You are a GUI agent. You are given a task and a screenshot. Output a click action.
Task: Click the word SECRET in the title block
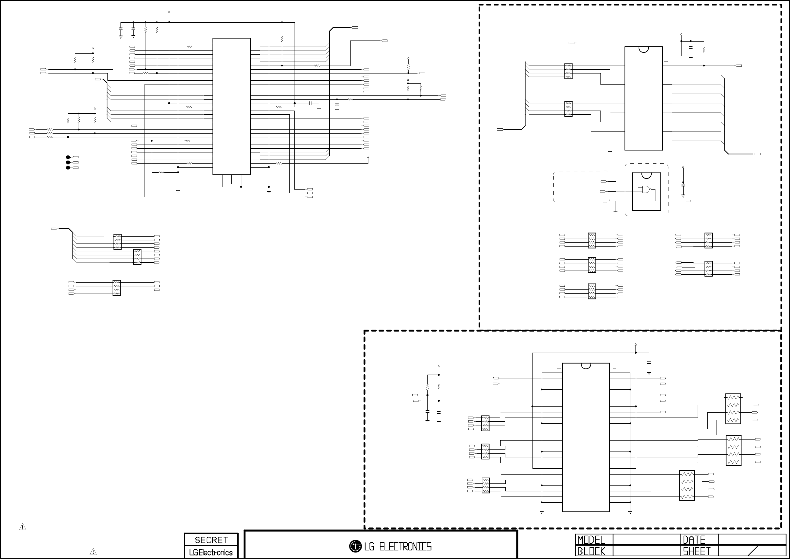(211, 540)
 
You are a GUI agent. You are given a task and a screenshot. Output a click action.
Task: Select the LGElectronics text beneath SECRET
(211, 552)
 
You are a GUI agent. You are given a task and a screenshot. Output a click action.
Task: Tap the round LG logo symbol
(355, 546)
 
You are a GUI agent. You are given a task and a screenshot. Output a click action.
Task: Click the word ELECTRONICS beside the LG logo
(405, 547)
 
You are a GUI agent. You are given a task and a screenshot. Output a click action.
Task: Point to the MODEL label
(591, 540)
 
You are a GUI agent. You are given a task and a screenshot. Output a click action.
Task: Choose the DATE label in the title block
(694, 540)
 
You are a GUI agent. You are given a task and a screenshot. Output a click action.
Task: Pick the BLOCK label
(591, 551)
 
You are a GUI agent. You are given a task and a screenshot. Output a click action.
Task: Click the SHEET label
(697, 551)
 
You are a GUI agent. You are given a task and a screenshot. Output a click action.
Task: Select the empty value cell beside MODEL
(646, 540)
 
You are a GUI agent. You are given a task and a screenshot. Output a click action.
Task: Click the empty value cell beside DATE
(752, 540)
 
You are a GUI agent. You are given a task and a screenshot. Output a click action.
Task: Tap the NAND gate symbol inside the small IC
(646, 189)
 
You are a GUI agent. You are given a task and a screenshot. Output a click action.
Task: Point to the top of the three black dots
(68, 157)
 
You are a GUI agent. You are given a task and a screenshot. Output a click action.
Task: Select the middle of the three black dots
(68, 162)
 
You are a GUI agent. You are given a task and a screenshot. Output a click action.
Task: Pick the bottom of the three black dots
(68, 168)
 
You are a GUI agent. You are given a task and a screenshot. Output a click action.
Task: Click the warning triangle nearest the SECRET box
(93, 551)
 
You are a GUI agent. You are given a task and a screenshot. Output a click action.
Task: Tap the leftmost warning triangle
(23, 527)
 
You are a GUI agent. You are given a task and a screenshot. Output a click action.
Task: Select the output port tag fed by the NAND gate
(688, 201)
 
